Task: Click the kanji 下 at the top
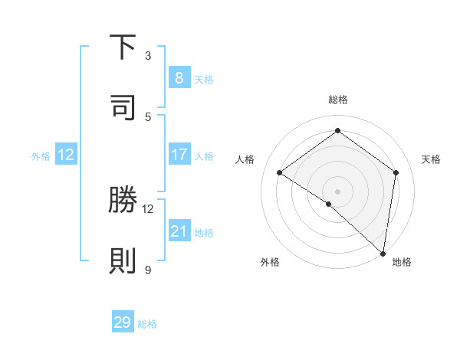click(123, 47)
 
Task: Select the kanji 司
click(123, 107)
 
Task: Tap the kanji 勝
click(123, 201)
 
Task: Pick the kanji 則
click(123, 260)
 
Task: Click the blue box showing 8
click(179, 77)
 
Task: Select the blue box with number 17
click(179, 155)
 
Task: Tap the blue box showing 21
click(179, 231)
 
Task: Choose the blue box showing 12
click(66, 155)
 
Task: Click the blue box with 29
click(123, 322)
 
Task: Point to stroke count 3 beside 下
click(148, 55)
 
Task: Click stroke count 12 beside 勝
click(148, 208)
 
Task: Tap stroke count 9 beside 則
click(148, 269)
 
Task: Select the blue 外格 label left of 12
click(41, 155)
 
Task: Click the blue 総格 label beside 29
click(147, 324)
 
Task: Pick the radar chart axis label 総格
click(337, 100)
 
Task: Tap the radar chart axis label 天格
click(431, 159)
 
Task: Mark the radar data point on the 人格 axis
click(280, 172)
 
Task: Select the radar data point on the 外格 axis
click(329, 204)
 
